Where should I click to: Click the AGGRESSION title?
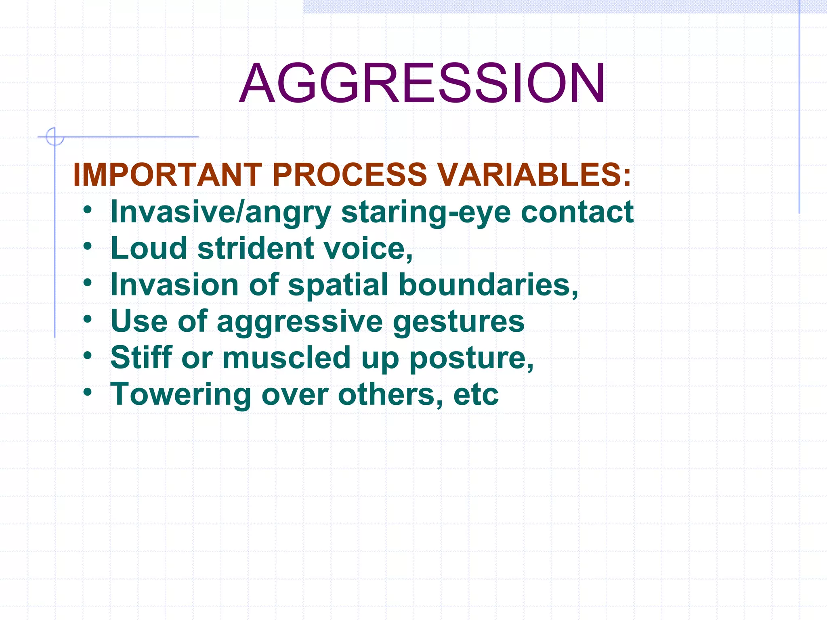[x=422, y=84]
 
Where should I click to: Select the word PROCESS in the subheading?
[x=349, y=175]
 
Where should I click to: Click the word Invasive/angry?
[x=220, y=212]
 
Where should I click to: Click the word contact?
[x=577, y=212]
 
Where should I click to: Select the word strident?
[x=256, y=248]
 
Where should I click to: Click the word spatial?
[x=338, y=285]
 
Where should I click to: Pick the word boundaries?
[x=488, y=285]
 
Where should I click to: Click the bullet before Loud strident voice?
[x=88, y=246]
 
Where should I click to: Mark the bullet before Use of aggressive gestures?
[x=88, y=319]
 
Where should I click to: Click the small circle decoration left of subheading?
[x=54, y=136]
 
